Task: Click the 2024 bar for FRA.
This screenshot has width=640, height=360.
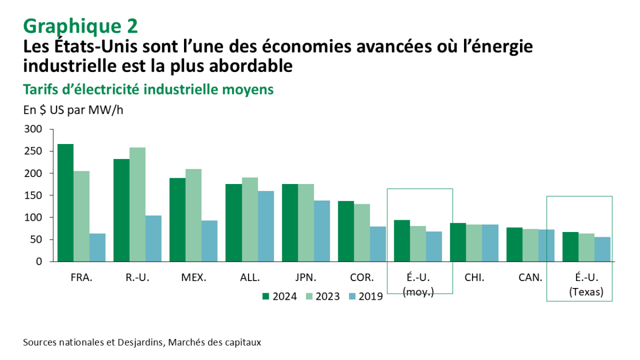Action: pyautogui.click(x=66, y=203)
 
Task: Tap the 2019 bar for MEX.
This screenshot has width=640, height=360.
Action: pyautogui.click(x=210, y=241)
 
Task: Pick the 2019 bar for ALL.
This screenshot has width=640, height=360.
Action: pyautogui.click(x=266, y=226)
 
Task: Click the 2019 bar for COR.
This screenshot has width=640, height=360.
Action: pyautogui.click(x=378, y=244)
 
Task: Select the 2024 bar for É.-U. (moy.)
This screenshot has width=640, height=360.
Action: pyautogui.click(x=402, y=241)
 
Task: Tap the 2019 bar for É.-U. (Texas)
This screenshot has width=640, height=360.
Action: pyautogui.click(x=603, y=249)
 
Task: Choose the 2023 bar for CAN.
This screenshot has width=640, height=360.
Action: pyautogui.click(x=530, y=245)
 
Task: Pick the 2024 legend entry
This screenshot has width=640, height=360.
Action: pyautogui.click(x=281, y=297)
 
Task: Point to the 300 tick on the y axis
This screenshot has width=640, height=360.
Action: pyautogui.click(x=33, y=129)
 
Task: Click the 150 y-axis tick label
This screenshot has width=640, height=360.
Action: pyautogui.click(x=33, y=195)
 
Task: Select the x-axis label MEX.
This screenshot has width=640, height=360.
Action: pyautogui.click(x=194, y=277)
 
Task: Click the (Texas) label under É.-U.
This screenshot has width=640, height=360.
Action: pyautogui.click(x=586, y=291)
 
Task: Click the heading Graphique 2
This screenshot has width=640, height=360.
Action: pyautogui.click(x=80, y=25)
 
